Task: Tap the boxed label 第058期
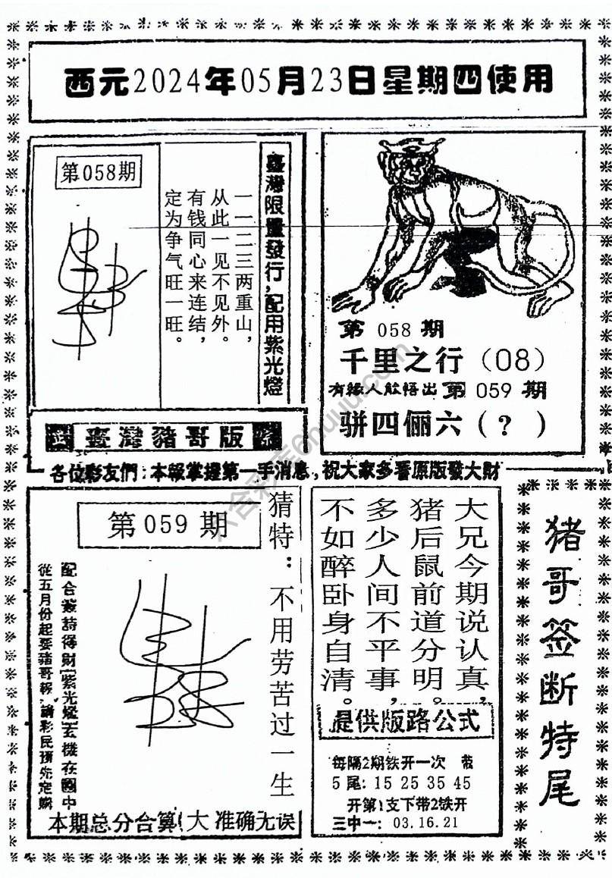[98, 173]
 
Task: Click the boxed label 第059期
[168, 524]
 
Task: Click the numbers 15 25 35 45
[421, 783]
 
